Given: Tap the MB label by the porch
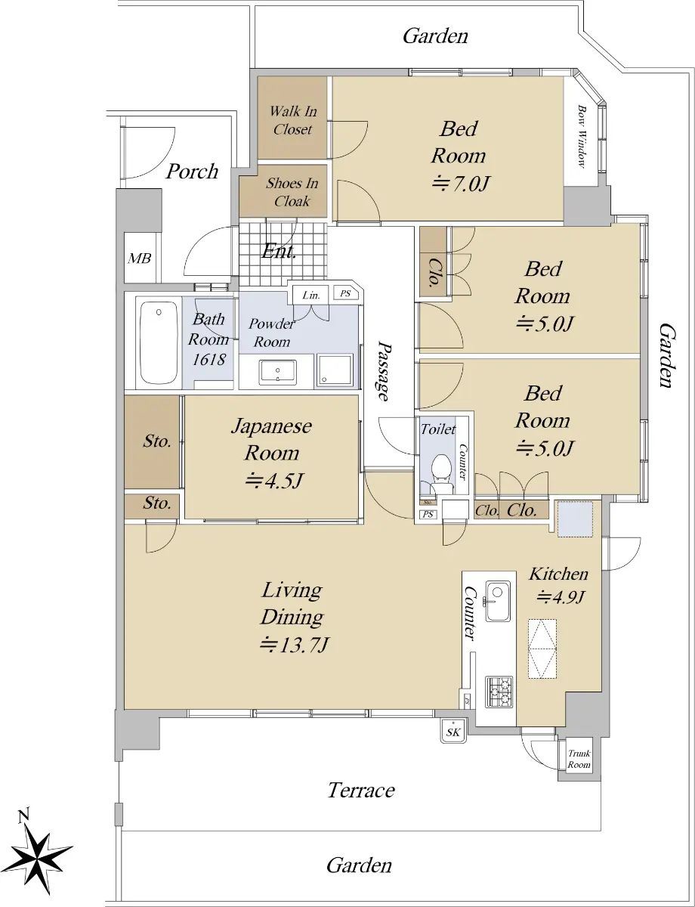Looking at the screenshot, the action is click(x=139, y=258).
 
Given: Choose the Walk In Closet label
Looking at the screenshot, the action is click(x=293, y=120).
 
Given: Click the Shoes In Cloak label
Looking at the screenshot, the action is click(x=292, y=192).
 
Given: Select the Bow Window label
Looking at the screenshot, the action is click(x=582, y=136).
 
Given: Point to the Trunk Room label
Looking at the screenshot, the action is click(x=579, y=759).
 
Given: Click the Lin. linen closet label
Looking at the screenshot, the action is click(x=311, y=296).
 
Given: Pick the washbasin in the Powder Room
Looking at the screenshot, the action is click(x=277, y=373).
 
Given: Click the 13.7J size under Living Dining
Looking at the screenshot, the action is click(x=295, y=645).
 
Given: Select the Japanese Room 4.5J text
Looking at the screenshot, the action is click(x=272, y=453).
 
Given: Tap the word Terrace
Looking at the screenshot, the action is click(x=361, y=790).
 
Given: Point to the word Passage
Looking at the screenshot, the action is click(x=385, y=371).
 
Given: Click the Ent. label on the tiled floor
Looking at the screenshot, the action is click(x=279, y=252).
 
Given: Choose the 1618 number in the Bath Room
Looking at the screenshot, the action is click(x=208, y=359).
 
